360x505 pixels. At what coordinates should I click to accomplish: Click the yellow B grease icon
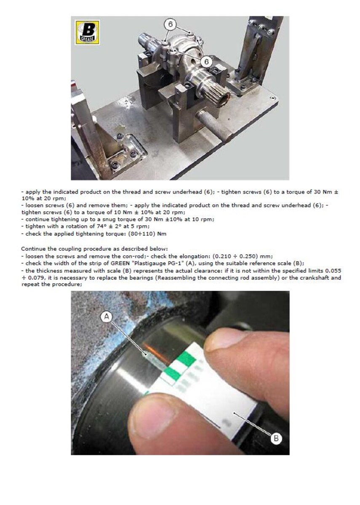[87, 32]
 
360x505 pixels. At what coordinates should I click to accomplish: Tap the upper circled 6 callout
[171, 24]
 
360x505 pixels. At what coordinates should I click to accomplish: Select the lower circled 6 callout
[206, 61]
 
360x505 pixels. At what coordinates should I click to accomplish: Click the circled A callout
[107, 317]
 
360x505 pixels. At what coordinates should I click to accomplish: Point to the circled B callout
[276, 438]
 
